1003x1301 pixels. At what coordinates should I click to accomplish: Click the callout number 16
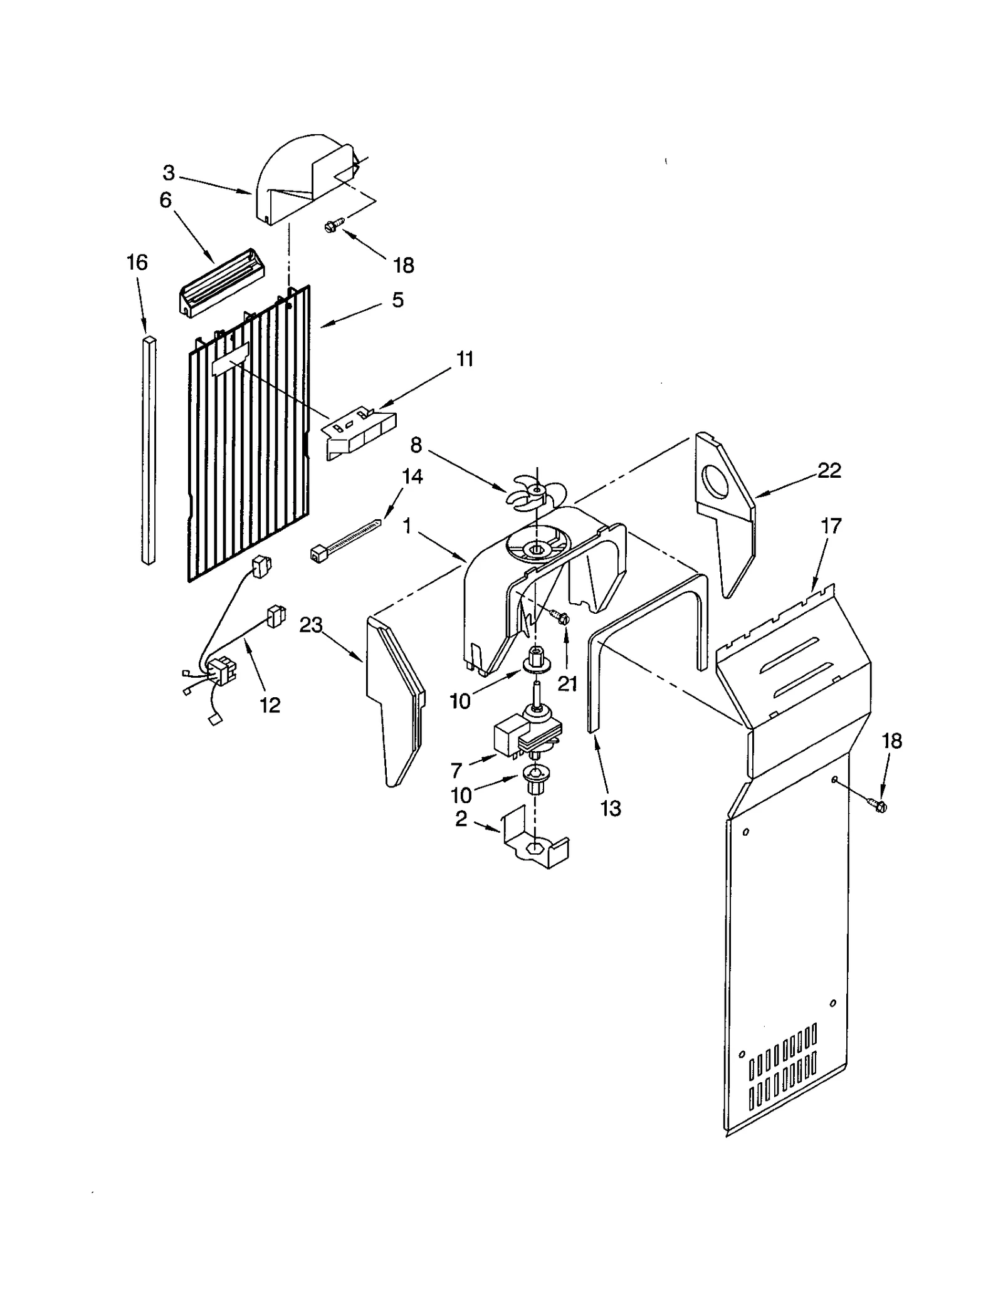coord(137,262)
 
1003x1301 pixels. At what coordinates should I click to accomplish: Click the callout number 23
coord(311,624)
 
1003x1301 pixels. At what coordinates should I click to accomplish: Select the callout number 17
coord(831,526)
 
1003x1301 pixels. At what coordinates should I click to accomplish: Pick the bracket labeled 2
coord(536,842)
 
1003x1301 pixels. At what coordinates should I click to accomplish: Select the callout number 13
coord(611,808)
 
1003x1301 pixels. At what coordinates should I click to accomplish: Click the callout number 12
coord(270,705)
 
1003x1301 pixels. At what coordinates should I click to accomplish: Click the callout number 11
coord(465,359)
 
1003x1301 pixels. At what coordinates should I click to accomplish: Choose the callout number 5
coord(397,300)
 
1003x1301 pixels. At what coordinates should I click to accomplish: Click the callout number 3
coord(168,172)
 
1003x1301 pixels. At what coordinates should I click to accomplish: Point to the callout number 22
coord(829,470)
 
